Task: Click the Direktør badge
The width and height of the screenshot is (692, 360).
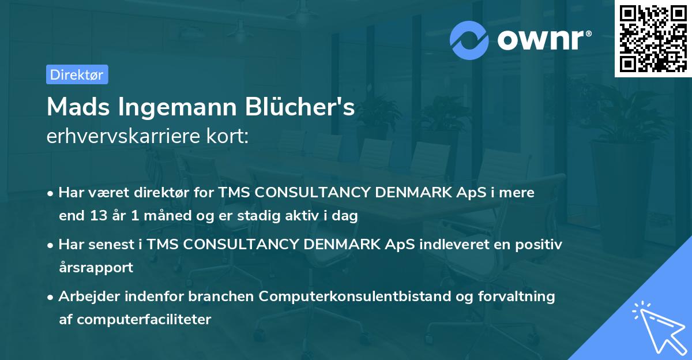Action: pyautogui.click(x=77, y=74)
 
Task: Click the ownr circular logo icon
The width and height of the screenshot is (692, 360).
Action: pyautogui.click(x=469, y=40)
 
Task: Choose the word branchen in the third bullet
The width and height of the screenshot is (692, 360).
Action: pyautogui.click(x=221, y=297)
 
